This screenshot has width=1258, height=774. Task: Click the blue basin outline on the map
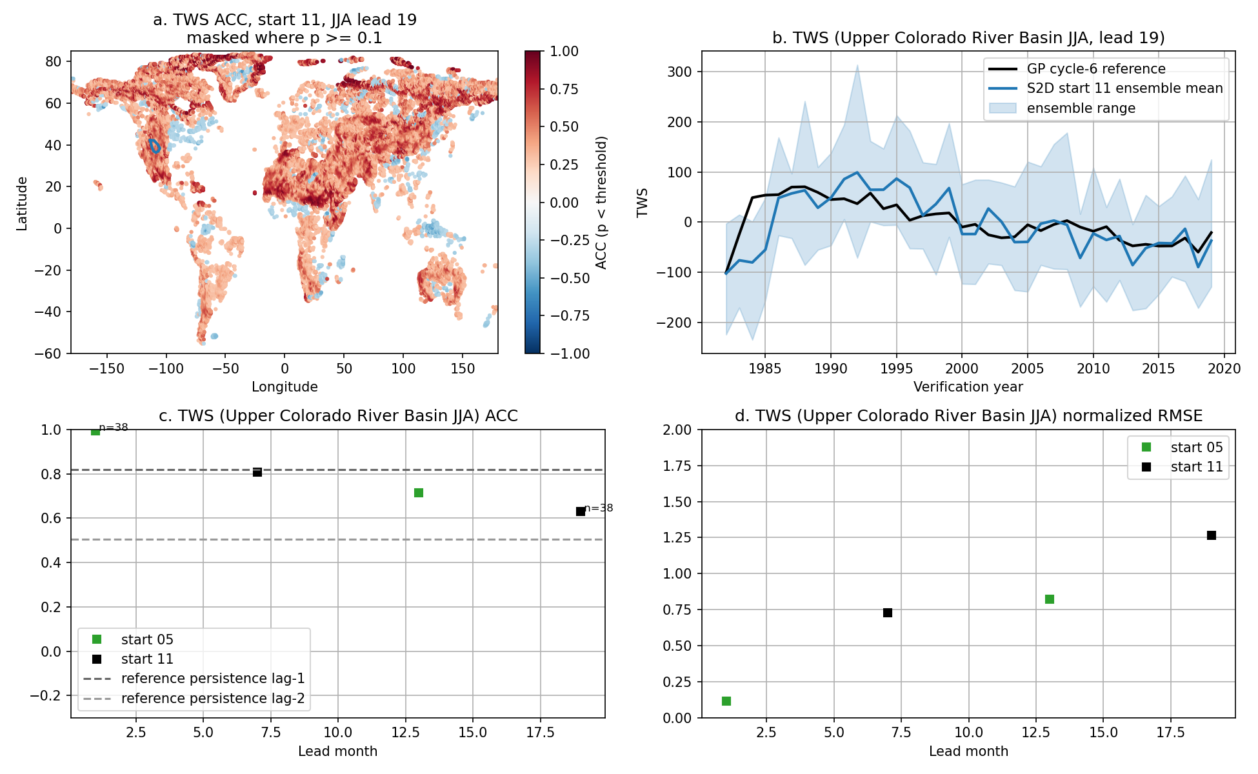[150, 146]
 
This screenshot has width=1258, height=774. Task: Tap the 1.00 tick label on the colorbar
[564, 52]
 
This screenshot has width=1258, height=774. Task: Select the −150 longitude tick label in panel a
[106, 369]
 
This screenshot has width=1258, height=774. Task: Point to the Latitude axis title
[22, 203]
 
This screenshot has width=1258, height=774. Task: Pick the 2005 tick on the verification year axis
[1027, 369]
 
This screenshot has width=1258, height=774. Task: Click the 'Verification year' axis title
[968, 387]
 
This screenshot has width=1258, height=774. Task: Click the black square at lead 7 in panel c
[257, 472]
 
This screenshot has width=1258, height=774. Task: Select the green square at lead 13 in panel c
[419, 493]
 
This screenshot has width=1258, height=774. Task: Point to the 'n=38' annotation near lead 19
[599, 508]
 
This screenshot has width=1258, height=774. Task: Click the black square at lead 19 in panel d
[1212, 535]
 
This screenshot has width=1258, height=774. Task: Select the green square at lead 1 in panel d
[726, 701]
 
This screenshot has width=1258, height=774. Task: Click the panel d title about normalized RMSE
[968, 416]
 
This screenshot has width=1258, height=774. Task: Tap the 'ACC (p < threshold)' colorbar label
[601, 203]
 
